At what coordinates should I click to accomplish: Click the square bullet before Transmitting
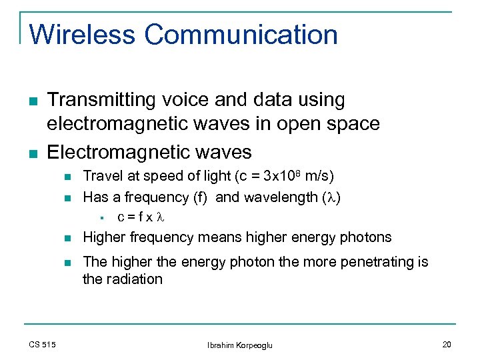[33, 101]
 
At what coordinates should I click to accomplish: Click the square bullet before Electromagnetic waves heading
[33, 153]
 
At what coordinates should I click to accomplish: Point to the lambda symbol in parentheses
[337, 197]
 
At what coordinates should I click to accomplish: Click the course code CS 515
[43, 344]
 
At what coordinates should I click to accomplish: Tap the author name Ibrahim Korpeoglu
[240, 345]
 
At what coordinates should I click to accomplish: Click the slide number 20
[447, 344]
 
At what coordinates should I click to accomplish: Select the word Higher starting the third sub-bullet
[103, 237]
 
